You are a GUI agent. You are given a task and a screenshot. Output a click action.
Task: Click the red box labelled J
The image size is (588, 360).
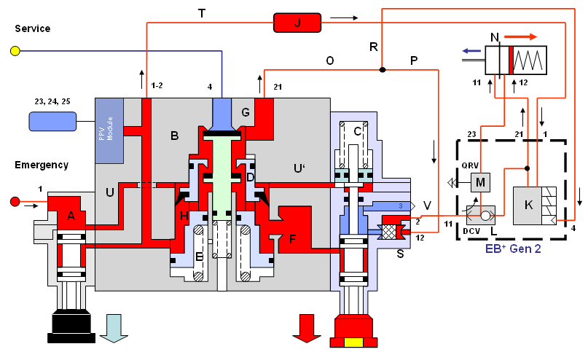point(297,23)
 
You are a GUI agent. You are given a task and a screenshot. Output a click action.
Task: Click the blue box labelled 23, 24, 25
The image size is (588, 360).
point(53,121)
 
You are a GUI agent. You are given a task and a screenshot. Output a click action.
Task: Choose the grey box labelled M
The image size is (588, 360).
point(480,181)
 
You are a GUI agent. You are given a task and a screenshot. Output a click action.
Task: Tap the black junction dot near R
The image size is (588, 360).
point(381,70)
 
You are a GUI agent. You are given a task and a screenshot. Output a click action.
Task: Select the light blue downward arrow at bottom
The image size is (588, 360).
point(114,327)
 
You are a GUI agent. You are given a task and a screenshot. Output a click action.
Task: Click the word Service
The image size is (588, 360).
point(32,29)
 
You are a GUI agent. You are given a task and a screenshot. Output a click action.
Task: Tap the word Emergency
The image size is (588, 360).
point(42,165)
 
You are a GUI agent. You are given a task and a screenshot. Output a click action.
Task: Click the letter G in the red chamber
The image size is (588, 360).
point(245,112)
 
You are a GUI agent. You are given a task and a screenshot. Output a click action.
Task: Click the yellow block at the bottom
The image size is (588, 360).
point(353,343)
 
